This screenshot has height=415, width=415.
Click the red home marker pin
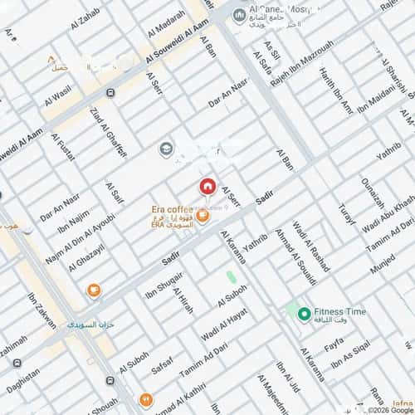[x=207, y=187]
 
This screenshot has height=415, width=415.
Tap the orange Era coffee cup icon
[x=202, y=216]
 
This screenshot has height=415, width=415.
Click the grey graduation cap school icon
[x=165, y=149]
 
